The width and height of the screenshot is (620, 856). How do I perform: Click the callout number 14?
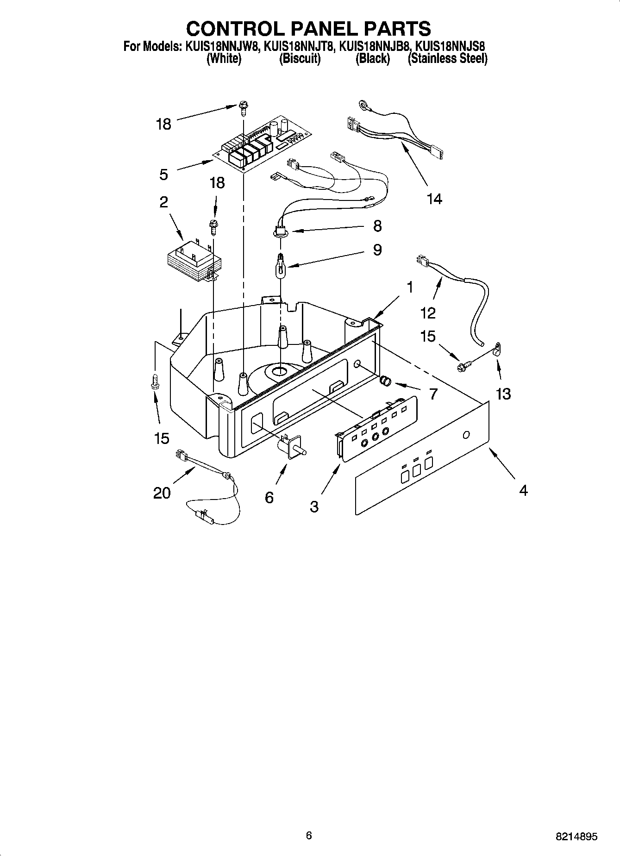pos(434,199)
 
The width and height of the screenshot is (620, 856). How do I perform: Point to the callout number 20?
pos(162,494)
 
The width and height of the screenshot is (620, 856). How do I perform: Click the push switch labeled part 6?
pos(288,447)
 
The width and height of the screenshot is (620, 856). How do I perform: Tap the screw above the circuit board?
pos(243,107)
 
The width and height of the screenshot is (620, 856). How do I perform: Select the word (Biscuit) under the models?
pos(300,59)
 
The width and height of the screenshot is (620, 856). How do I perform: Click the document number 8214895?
pos(576,837)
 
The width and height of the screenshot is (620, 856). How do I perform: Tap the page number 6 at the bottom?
pos(309,835)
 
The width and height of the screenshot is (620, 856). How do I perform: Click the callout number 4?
pos(523,491)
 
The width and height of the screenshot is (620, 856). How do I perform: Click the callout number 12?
pos(428,313)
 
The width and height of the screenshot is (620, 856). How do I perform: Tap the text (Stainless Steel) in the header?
pos(447,59)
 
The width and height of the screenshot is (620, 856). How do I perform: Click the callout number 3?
pos(314,507)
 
